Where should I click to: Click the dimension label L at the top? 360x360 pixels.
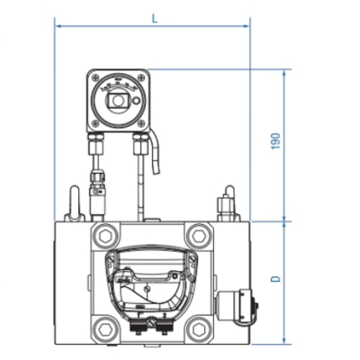pos(154,18)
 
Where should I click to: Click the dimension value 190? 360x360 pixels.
pos(276,142)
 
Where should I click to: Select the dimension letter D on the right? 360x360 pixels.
pos(276,279)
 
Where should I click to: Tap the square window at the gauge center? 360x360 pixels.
pos(117,103)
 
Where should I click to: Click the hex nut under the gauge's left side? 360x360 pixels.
pos(96,143)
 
